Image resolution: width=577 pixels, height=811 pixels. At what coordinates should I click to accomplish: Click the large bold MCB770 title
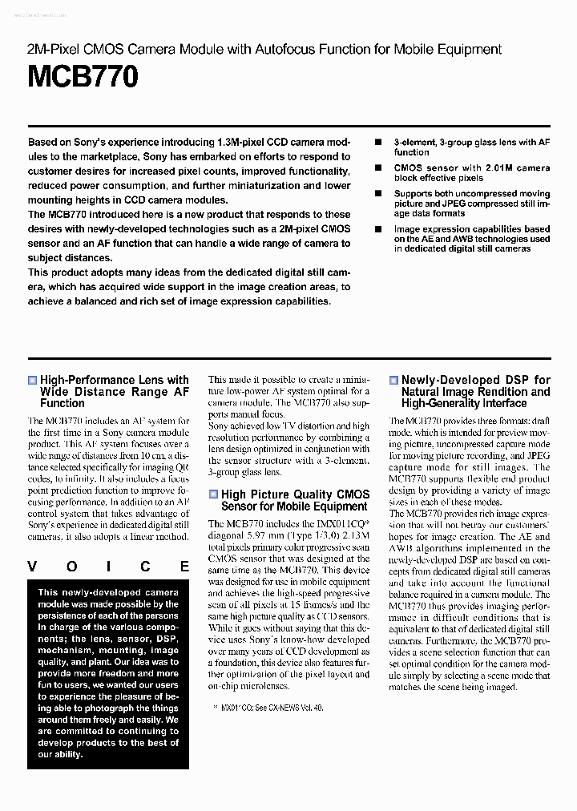83,78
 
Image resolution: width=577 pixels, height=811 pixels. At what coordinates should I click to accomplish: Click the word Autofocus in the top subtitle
287,49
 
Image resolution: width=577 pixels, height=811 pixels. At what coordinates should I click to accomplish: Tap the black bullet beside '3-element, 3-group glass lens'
378,143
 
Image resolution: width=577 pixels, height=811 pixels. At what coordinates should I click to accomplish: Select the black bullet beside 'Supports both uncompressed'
378,194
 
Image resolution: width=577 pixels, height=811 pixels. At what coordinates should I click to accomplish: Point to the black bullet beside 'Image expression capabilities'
378,229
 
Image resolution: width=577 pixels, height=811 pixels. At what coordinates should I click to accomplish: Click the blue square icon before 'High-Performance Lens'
32,381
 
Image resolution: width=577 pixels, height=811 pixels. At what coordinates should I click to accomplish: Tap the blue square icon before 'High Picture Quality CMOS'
213,495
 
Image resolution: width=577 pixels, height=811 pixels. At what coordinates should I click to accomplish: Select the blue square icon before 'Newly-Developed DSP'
393,381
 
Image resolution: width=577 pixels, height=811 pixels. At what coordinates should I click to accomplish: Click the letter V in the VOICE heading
33,567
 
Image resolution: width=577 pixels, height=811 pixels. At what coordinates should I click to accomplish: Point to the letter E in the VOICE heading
184,567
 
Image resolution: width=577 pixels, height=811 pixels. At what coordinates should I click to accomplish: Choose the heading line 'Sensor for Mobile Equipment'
294,506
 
